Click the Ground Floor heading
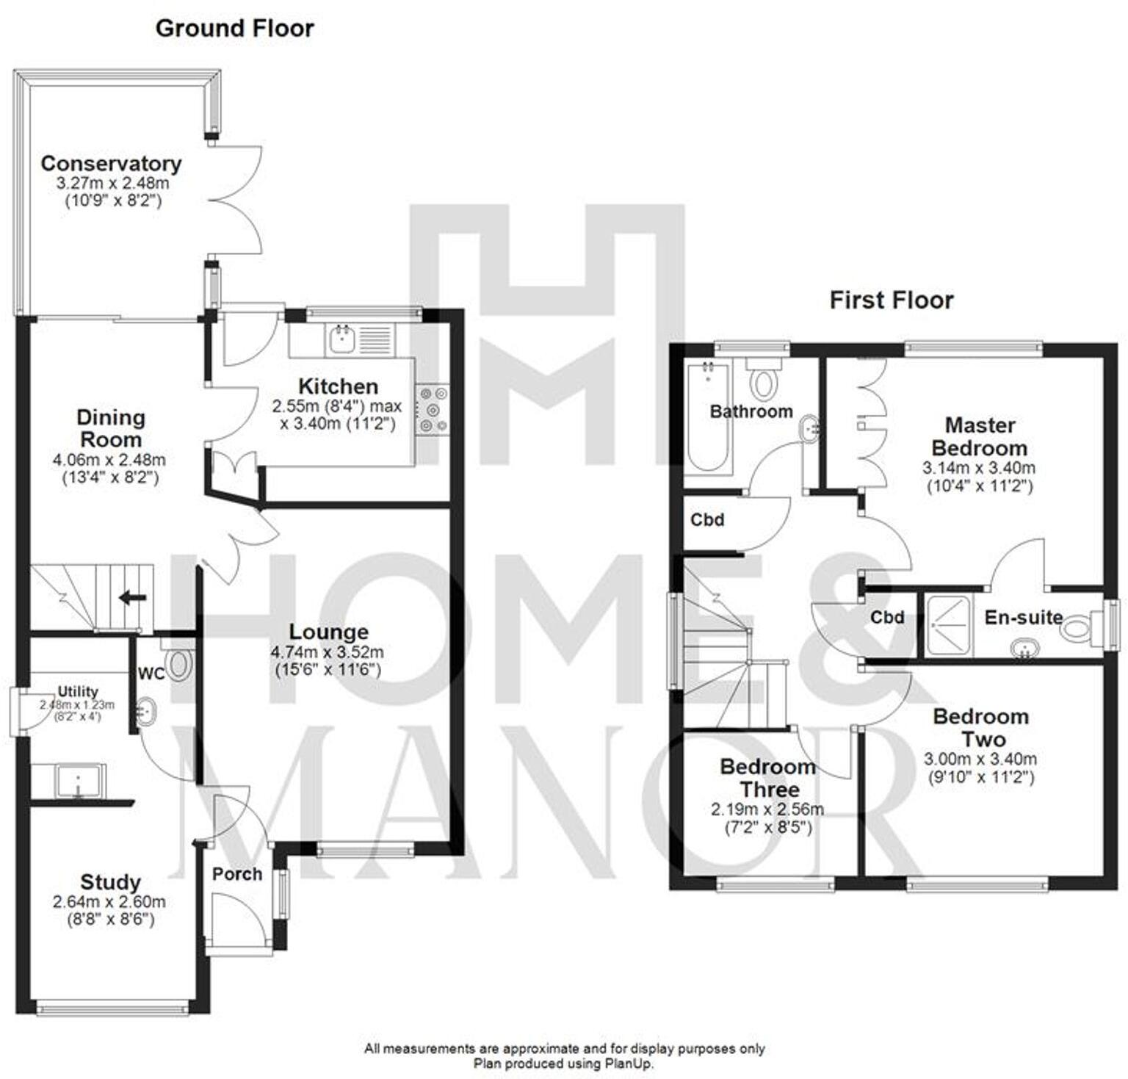(x=234, y=29)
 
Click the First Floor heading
(x=891, y=300)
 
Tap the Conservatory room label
(x=111, y=163)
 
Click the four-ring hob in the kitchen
(x=432, y=409)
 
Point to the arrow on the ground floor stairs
(x=132, y=597)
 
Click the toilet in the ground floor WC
(x=178, y=664)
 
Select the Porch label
(x=236, y=874)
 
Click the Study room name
(x=110, y=881)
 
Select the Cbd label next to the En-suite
(x=886, y=618)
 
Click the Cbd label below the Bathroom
(x=706, y=520)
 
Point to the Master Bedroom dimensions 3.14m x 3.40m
(x=978, y=468)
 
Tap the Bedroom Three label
(x=768, y=778)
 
